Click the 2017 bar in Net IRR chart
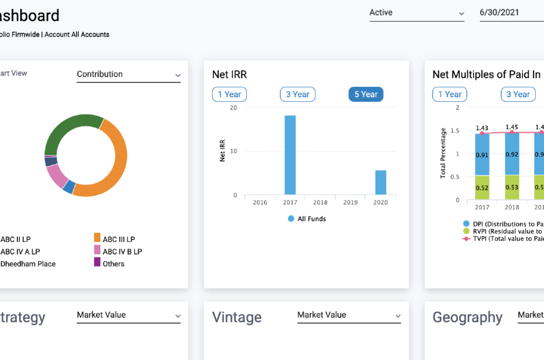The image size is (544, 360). [x=290, y=155]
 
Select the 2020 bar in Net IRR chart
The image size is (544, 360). [x=380, y=182]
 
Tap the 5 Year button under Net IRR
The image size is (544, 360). [x=366, y=95]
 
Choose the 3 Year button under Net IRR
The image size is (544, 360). [x=297, y=95]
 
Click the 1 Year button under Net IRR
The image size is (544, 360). [x=229, y=95]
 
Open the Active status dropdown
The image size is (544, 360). [x=416, y=13]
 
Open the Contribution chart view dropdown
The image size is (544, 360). [x=129, y=74]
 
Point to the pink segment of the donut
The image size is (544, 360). [x=57, y=176]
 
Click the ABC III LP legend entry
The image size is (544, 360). [x=118, y=239]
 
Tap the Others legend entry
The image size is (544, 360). [x=113, y=264]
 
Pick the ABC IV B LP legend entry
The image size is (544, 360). [x=122, y=251]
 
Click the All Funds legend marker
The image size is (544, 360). [x=291, y=219]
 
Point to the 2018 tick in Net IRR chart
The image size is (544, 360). [x=320, y=203]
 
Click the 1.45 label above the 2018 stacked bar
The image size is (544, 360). [x=512, y=127]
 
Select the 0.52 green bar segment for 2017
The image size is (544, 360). [x=482, y=188]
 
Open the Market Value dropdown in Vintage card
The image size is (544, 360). [x=349, y=315]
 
